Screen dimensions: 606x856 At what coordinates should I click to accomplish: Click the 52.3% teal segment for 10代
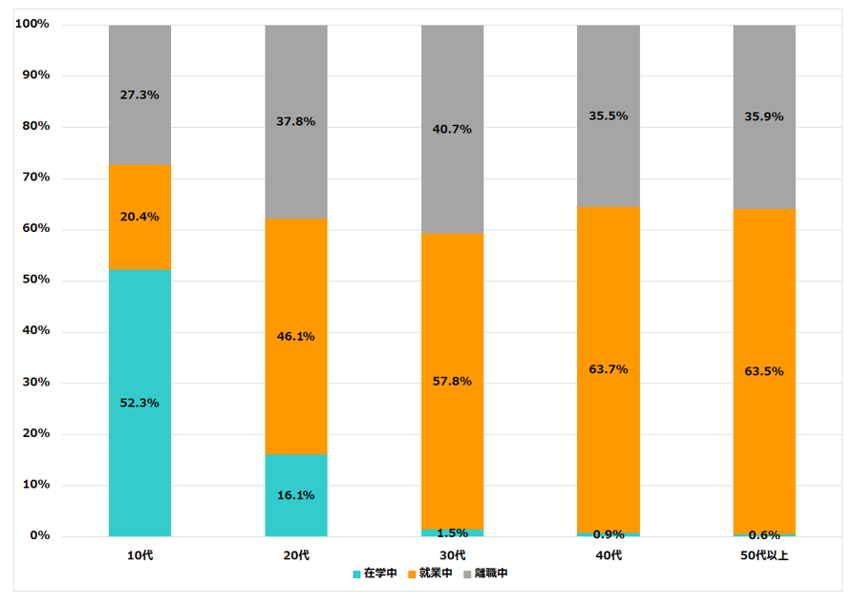click(x=139, y=403)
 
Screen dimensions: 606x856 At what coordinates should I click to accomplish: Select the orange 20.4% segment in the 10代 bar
click(x=139, y=218)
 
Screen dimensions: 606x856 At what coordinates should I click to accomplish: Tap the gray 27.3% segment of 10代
click(x=139, y=95)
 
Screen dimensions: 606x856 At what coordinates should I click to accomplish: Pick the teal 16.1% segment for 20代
click(x=296, y=495)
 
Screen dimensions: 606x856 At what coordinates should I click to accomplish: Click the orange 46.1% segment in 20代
click(x=296, y=336)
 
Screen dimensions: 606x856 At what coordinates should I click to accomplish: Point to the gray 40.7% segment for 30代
click(x=452, y=129)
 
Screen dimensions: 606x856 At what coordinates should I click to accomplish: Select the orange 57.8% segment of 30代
click(x=452, y=382)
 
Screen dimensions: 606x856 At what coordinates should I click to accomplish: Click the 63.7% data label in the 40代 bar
click(x=609, y=369)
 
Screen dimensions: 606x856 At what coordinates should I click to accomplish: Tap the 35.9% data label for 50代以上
click(x=764, y=117)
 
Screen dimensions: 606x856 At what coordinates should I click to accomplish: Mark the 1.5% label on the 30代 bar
click(x=453, y=533)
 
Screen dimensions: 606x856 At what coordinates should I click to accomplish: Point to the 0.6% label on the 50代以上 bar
click(x=764, y=535)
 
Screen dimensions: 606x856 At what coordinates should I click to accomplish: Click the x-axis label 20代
click(x=296, y=555)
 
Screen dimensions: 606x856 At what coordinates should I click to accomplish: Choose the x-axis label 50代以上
click(x=764, y=555)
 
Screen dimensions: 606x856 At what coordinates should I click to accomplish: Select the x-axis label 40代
click(x=609, y=555)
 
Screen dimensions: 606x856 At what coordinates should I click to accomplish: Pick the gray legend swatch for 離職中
click(x=468, y=575)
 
